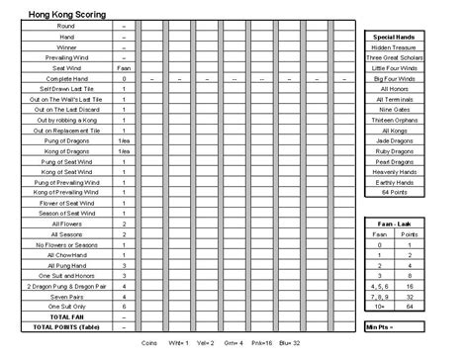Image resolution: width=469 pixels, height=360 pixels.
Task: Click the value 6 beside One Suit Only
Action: (125, 307)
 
